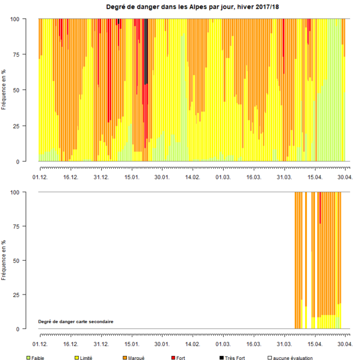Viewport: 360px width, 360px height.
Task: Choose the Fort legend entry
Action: [x=181, y=357]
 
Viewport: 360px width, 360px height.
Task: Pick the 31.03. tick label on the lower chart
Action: [x=284, y=345]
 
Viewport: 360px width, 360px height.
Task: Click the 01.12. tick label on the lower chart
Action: [x=40, y=345]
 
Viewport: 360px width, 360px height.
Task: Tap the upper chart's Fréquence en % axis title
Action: [x=5, y=90]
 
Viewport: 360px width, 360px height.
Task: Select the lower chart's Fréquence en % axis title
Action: [x=5, y=261]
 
